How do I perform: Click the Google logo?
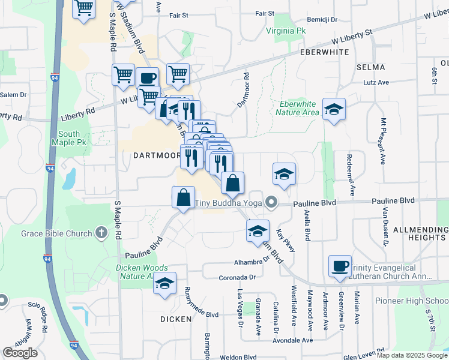coord(20,353)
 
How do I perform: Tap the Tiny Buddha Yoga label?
coord(229,203)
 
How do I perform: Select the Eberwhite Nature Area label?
coord(299,108)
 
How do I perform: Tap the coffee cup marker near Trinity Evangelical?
coord(340,265)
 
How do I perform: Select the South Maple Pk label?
coord(77,138)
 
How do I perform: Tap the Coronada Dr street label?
coord(237,277)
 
